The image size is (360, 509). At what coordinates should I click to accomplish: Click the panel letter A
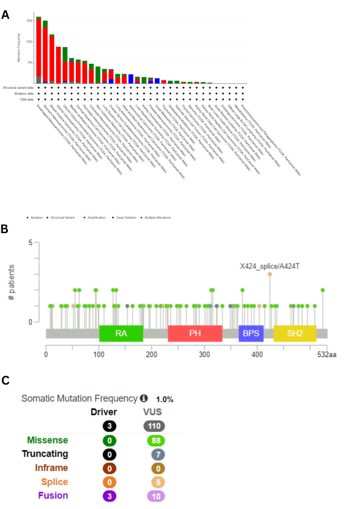point(5,14)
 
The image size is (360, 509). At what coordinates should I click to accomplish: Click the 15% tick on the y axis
point(29,21)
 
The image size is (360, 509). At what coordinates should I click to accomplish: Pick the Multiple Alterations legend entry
point(155,217)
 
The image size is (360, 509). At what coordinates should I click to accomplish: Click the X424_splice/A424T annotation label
point(270,265)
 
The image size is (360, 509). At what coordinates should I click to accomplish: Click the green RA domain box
point(121,333)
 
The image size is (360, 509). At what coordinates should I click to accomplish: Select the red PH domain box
point(195,333)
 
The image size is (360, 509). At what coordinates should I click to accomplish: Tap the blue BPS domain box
point(251,333)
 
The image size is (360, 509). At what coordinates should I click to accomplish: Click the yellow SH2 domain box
point(295,333)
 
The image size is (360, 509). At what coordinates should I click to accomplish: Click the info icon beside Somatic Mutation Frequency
point(144,399)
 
